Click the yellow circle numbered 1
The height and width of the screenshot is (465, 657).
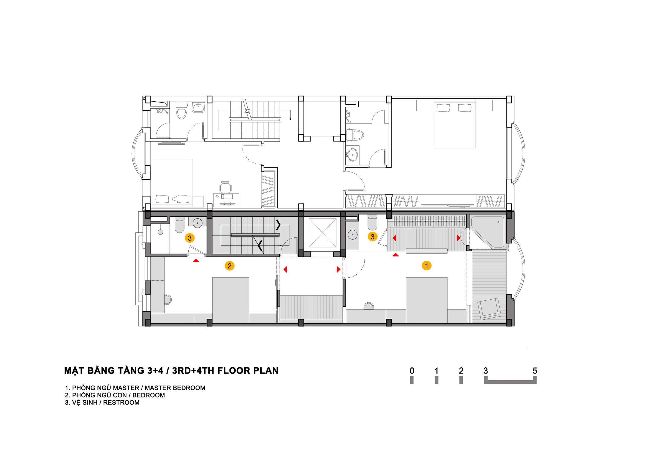tap(426, 266)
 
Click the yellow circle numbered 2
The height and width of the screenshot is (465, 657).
tap(229, 266)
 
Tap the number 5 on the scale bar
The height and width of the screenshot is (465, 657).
tap(535, 371)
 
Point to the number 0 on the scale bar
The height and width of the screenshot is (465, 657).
tap(412, 371)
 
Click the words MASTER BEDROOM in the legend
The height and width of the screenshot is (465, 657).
tap(175, 388)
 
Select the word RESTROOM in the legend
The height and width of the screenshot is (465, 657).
tap(121, 402)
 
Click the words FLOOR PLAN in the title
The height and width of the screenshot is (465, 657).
tap(248, 371)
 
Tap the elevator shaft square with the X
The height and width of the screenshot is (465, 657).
tap(322, 232)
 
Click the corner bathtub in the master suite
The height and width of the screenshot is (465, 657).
tap(488, 232)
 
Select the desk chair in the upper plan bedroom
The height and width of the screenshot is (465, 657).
tap(226, 188)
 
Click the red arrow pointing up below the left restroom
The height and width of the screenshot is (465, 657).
tap(196, 260)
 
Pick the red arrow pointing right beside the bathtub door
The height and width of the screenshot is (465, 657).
tap(459, 238)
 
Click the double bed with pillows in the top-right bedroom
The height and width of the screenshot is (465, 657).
tap(454, 124)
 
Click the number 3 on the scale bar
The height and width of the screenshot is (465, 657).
tap(486, 371)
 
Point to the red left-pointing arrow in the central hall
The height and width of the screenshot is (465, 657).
tap(285, 269)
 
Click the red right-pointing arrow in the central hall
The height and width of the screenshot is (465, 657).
tap(339, 269)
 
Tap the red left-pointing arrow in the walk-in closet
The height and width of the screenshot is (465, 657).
tap(394, 238)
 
